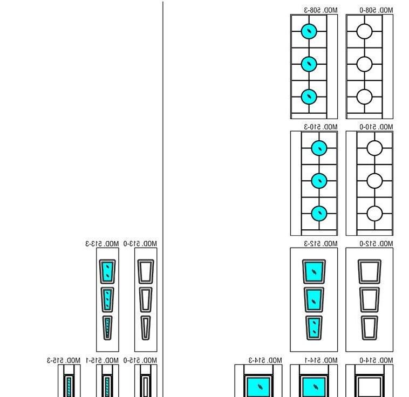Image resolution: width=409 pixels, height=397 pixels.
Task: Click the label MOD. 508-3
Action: (321, 10)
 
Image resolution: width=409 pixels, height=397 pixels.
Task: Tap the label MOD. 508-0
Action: (377, 10)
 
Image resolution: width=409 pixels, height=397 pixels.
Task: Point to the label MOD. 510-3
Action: (321, 127)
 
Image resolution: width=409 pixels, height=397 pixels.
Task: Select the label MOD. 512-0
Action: (377, 244)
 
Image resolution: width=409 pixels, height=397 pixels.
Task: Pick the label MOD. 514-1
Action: (321, 360)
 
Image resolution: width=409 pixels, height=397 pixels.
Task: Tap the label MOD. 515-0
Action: (140, 360)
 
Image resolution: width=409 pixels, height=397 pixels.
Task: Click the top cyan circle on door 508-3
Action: (309, 31)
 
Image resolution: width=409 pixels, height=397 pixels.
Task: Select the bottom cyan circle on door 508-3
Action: (309, 97)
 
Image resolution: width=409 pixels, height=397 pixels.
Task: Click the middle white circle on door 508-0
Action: (365, 64)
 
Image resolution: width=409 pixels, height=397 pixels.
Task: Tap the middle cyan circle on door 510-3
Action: (319, 180)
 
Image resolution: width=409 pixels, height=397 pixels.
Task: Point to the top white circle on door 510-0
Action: (374, 148)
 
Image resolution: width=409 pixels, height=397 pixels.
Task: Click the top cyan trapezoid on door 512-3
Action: (313, 271)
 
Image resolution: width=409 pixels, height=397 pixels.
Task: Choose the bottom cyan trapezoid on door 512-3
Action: (313, 327)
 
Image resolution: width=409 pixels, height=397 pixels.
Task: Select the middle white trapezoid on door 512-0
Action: (370, 299)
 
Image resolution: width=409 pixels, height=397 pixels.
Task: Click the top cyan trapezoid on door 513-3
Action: (107, 271)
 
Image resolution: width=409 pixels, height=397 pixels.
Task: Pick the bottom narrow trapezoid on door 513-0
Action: (145, 327)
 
